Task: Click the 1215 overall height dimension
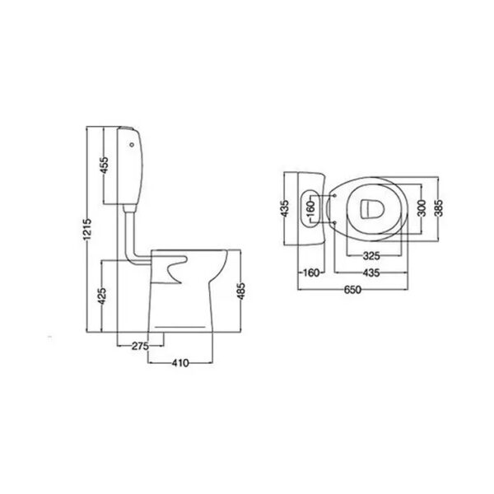tap(87, 229)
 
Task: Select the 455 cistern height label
tap(104, 165)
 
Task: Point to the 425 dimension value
tap(102, 296)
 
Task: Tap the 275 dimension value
tap(140, 347)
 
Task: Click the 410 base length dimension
tap(180, 363)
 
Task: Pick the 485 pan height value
tap(241, 291)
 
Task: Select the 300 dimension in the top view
tap(422, 208)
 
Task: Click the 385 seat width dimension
tap(438, 208)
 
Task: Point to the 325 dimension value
tap(371, 256)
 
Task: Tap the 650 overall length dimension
tap(352, 290)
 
